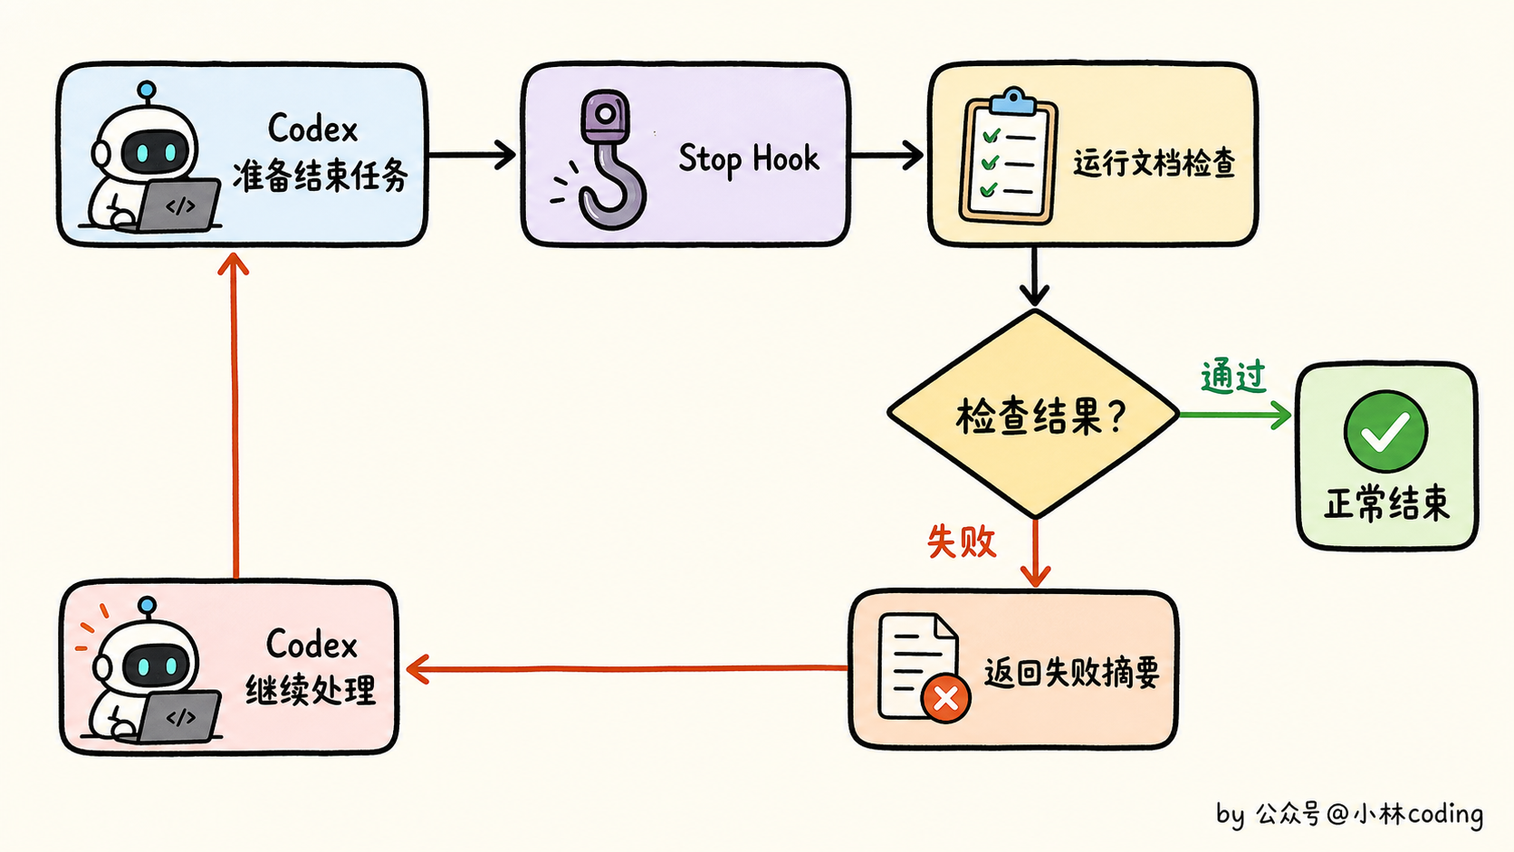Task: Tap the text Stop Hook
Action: point(748,159)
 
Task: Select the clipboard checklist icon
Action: point(1008,156)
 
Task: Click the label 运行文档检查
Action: point(1154,164)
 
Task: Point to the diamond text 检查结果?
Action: point(1041,416)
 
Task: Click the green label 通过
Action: point(1232,377)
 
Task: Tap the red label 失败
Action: point(961,541)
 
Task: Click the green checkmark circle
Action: point(1385,431)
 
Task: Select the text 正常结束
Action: point(1387,503)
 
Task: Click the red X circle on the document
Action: point(945,698)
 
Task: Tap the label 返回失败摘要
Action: point(1071,673)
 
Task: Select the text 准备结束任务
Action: point(320,176)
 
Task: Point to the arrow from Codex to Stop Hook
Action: point(472,155)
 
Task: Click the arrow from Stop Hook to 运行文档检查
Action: point(886,156)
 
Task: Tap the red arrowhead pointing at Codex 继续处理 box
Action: point(417,670)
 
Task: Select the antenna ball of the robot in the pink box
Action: point(147,605)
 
